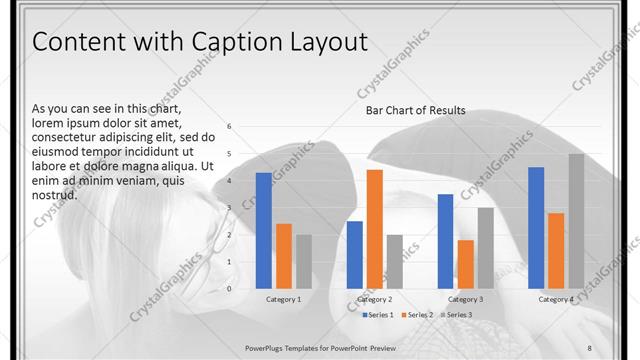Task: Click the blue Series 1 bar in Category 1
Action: [x=264, y=230]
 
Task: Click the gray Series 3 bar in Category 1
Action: [x=303, y=261]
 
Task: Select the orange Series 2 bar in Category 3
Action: [x=465, y=263]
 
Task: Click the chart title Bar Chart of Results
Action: [x=416, y=110]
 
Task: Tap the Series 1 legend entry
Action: [x=378, y=315]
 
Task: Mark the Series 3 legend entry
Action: [x=456, y=315]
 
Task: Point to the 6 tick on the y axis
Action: [x=229, y=127]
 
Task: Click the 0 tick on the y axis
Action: [x=229, y=288]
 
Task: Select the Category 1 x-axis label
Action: [x=284, y=299]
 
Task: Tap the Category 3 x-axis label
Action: [x=465, y=299]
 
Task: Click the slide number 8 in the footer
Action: [x=589, y=346]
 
